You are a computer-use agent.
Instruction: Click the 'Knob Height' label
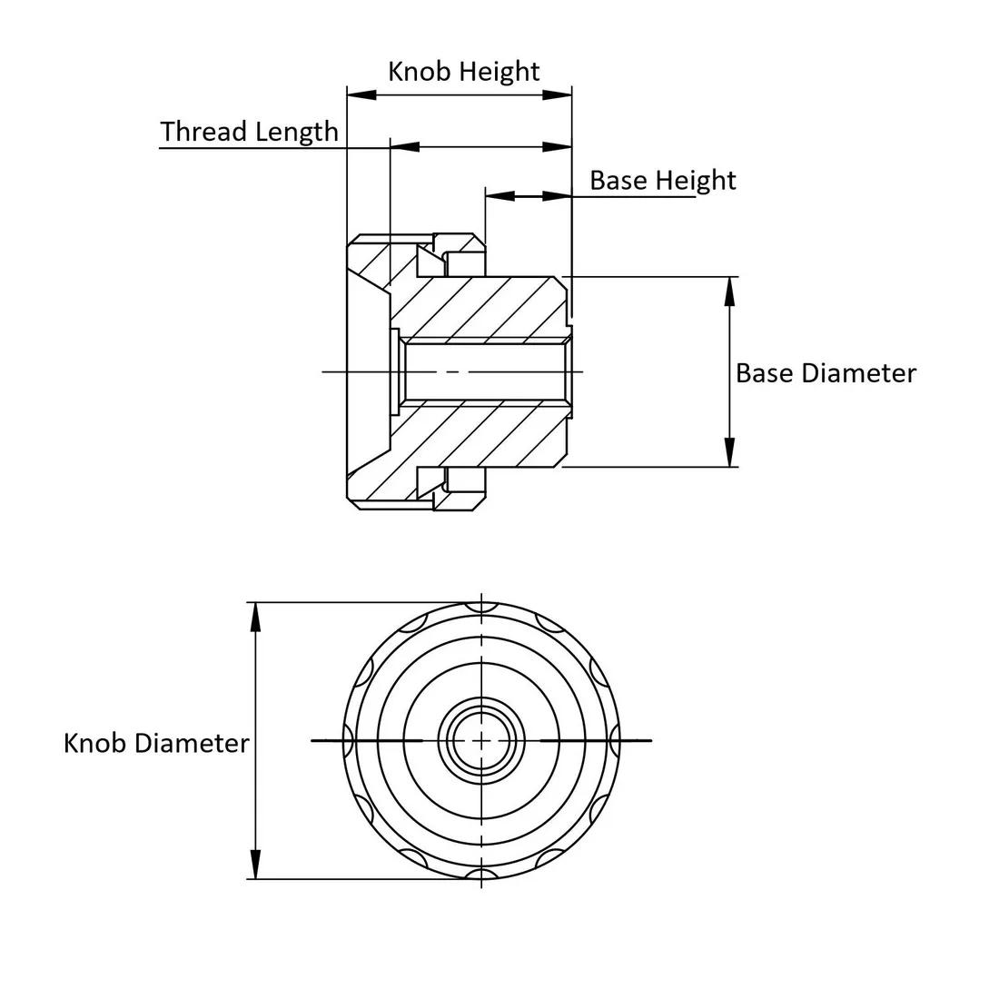click(x=463, y=72)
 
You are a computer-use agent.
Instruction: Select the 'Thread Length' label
click(x=249, y=132)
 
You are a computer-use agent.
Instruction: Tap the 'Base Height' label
click(x=662, y=180)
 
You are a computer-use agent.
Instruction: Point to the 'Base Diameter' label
click(x=826, y=373)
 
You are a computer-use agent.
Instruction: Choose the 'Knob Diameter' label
click(x=156, y=743)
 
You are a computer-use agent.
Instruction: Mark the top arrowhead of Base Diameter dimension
click(x=729, y=291)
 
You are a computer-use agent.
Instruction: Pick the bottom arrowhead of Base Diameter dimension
click(x=729, y=453)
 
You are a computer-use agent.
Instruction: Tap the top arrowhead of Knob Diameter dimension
click(x=256, y=616)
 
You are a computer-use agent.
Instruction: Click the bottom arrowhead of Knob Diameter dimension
click(x=256, y=865)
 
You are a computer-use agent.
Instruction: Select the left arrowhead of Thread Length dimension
click(x=404, y=146)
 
